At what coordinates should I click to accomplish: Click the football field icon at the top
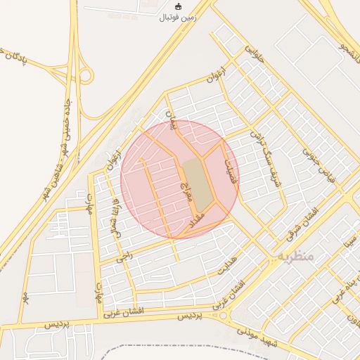178,6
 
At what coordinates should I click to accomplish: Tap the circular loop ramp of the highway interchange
85,75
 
